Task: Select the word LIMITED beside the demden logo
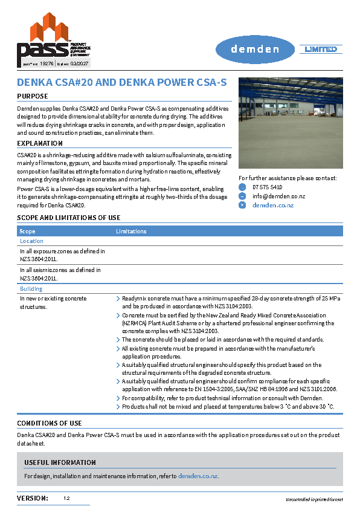(320, 49)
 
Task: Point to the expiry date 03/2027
(80, 62)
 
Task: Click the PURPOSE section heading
(33, 96)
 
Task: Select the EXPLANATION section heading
(40, 143)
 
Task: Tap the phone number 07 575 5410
(266, 187)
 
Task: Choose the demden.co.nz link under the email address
(272, 206)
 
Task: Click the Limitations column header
(131, 232)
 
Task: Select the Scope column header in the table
(27, 232)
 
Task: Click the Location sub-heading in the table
(31, 241)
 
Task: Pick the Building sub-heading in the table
(31, 289)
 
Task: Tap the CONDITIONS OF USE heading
(50, 423)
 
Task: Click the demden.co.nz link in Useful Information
(198, 476)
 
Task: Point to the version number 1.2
(66, 499)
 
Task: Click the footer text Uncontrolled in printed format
(314, 499)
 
